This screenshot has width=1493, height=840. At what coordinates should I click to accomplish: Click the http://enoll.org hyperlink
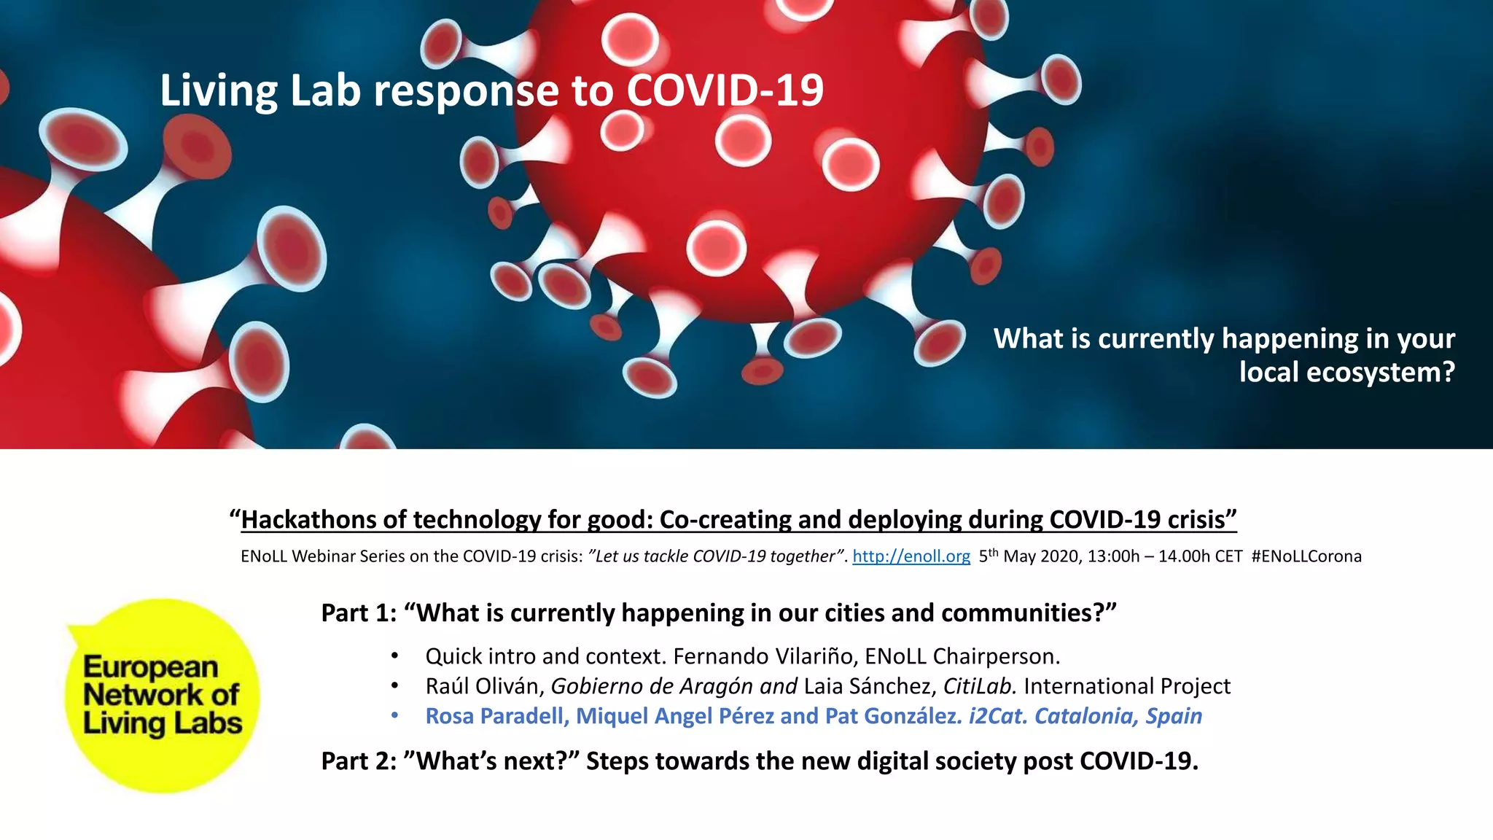(x=911, y=556)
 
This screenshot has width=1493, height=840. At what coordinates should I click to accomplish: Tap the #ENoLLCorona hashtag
(x=1306, y=556)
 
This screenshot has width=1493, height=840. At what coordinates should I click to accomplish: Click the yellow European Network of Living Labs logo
(x=162, y=696)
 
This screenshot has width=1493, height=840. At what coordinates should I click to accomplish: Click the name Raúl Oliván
(x=484, y=686)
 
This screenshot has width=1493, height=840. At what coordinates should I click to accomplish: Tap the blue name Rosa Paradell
(x=496, y=716)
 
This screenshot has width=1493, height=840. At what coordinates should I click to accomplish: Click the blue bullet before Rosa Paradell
(x=394, y=716)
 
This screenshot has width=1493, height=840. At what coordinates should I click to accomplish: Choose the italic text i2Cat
(x=997, y=716)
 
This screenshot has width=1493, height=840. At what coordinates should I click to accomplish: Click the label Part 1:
(x=359, y=613)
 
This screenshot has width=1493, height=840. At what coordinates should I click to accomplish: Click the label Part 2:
(x=359, y=761)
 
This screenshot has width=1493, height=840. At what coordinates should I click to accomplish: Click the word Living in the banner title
(x=219, y=91)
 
